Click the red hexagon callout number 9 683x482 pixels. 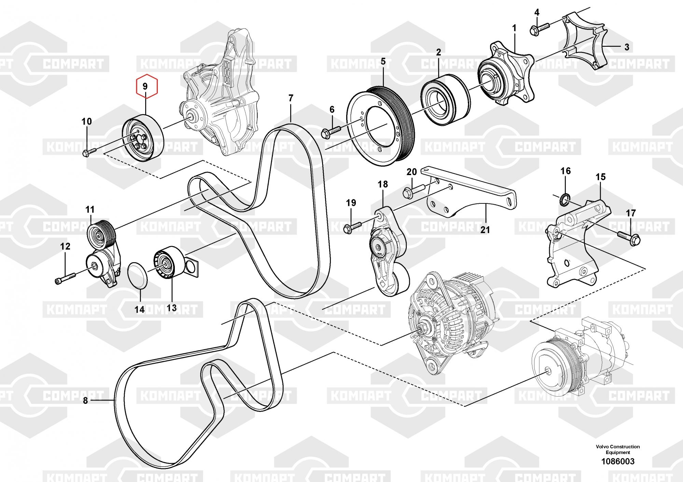click(147, 86)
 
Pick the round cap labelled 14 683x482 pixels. click(137, 275)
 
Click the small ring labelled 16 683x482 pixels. click(565, 199)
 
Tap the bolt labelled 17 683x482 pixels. click(629, 237)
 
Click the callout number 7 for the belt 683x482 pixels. click(291, 98)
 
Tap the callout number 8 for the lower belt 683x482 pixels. click(85, 400)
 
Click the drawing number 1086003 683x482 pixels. click(618, 462)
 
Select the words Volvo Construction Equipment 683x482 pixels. click(618, 449)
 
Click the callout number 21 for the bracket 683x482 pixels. click(485, 230)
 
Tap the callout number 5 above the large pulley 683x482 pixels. click(383, 62)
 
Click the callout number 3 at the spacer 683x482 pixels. click(626, 47)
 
